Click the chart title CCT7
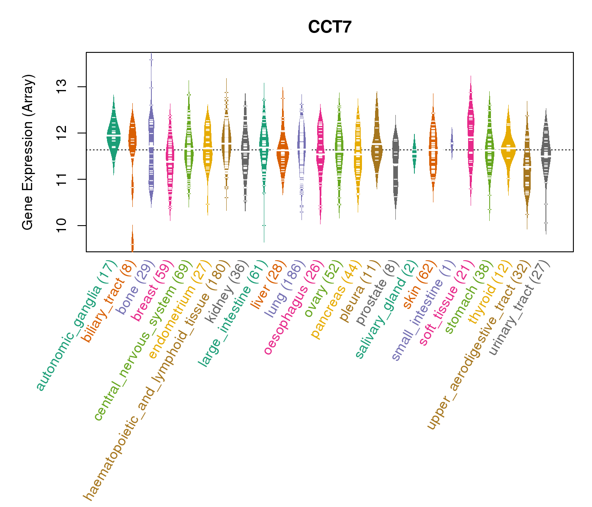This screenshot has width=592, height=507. coord(330,27)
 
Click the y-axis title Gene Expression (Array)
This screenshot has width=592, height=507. coord(28,153)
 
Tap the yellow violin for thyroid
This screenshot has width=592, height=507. coord(508,146)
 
